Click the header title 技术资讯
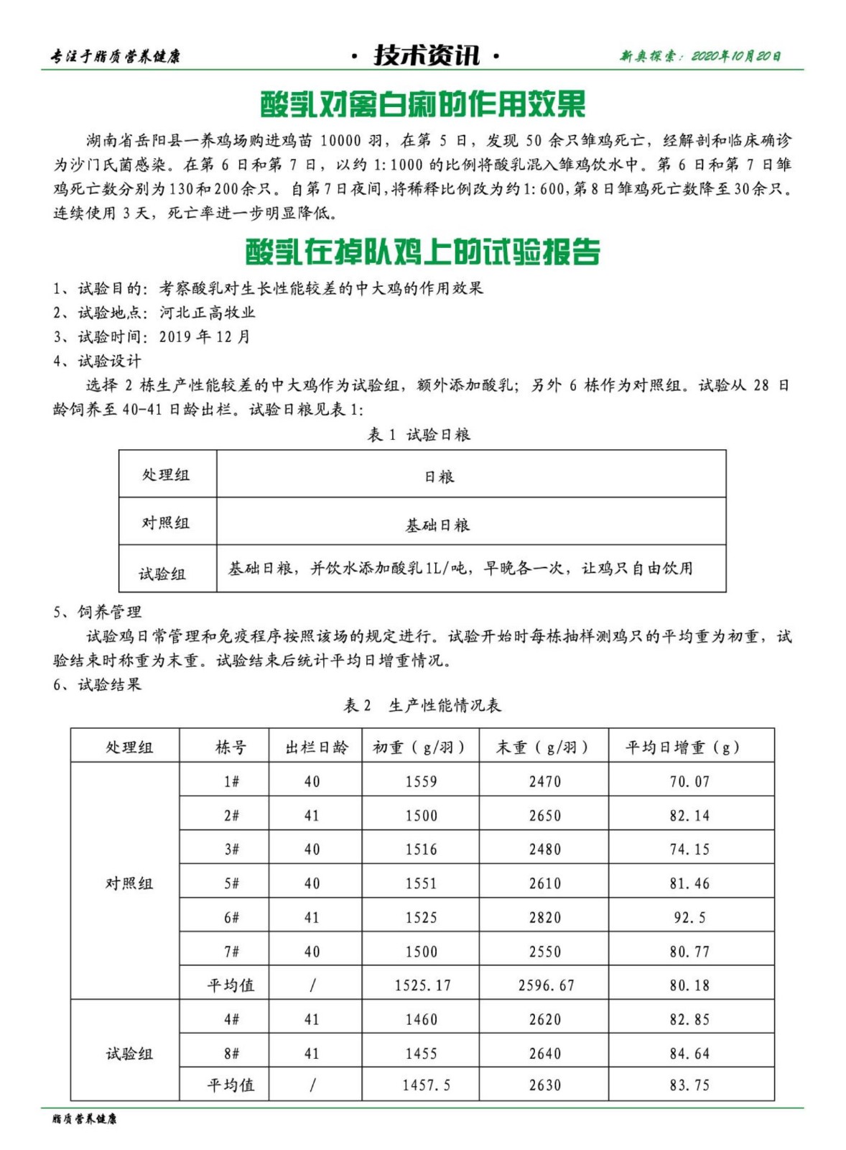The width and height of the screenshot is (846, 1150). (426, 55)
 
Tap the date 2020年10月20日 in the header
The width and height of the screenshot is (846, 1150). (736, 56)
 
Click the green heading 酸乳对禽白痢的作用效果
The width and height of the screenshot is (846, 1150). (422, 104)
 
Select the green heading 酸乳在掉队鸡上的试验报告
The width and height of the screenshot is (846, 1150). (422, 252)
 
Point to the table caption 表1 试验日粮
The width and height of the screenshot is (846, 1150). (419, 434)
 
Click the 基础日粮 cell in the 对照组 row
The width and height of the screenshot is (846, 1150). (437, 525)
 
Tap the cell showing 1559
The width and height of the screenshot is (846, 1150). (421, 782)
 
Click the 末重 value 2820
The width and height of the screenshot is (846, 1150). (544, 918)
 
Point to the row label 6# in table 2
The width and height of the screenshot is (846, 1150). (231, 918)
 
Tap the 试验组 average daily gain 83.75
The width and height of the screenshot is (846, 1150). (689, 1085)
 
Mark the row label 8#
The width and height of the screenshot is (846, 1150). (231, 1054)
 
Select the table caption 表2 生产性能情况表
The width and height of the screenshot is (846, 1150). (422, 706)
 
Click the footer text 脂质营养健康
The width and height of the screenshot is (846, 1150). (84, 1119)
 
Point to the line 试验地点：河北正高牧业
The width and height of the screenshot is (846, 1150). (154, 313)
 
